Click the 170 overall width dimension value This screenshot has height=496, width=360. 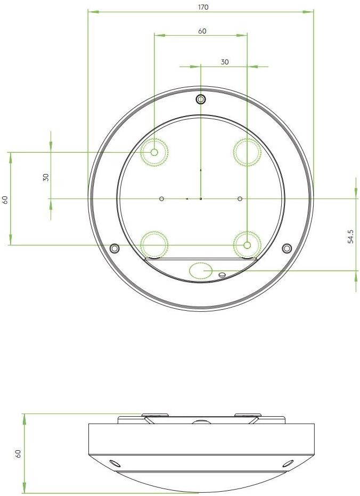pos(202,7)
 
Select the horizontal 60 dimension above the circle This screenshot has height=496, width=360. pos(202,31)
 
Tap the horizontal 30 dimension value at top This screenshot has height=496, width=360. pos(225,62)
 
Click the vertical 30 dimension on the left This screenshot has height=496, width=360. pos(46,177)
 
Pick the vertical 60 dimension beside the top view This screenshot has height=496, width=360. pos(5,200)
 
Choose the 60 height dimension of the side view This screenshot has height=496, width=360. pos(18,454)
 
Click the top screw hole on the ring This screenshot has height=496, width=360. pos(201,99)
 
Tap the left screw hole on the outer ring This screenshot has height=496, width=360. pos(114,249)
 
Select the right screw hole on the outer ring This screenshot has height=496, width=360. pos(287,248)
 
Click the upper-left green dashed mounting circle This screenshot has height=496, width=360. pos(154,153)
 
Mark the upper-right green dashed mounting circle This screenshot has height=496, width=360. pos(247,152)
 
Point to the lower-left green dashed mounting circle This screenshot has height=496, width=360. pos(154,245)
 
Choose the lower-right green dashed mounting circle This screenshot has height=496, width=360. pos(247,245)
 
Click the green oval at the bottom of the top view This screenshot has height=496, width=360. pos(200,270)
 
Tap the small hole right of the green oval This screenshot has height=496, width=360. pos(222,275)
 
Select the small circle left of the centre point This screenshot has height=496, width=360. pos(162,199)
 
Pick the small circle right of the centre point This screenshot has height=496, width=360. pos(240,199)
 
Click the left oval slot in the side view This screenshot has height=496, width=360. pos(112,462)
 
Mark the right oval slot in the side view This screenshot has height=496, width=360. pos(288,462)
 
